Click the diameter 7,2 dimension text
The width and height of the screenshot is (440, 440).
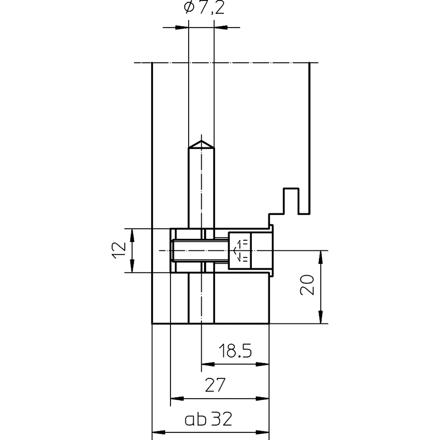[x=200, y=9]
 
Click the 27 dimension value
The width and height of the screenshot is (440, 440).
[x=219, y=385]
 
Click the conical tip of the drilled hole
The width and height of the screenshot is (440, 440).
[x=201, y=144]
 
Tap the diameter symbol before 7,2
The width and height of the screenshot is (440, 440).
[x=185, y=9]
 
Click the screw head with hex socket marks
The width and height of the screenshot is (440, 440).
[x=240, y=250]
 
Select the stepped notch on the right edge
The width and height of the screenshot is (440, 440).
[x=290, y=201]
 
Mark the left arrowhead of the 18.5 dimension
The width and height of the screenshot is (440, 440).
[x=205, y=364]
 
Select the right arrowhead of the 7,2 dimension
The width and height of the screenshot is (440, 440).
[x=218, y=26]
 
